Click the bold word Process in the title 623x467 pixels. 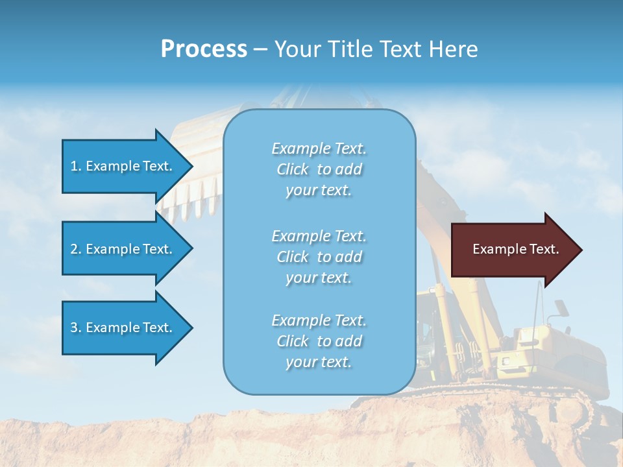pyautogui.click(x=204, y=49)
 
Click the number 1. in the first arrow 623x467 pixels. pyautogui.click(x=76, y=166)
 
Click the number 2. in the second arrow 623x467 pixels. pyautogui.click(x=76, y=249)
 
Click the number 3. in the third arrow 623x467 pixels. pyautogui.click(x=76, y=328)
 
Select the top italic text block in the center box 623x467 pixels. pyautogui.click(x=319, y=169)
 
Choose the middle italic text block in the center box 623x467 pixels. pyautogui.click(x=319, y=257)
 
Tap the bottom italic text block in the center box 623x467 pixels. pyautogui.click(x=319, y=341)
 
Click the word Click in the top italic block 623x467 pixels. pyautogui.click(x=293, y=169)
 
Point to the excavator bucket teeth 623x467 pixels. pyautogui.click(x=188, y=201)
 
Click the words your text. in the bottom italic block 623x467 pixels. pyautogui.click(x=319, y=362)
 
